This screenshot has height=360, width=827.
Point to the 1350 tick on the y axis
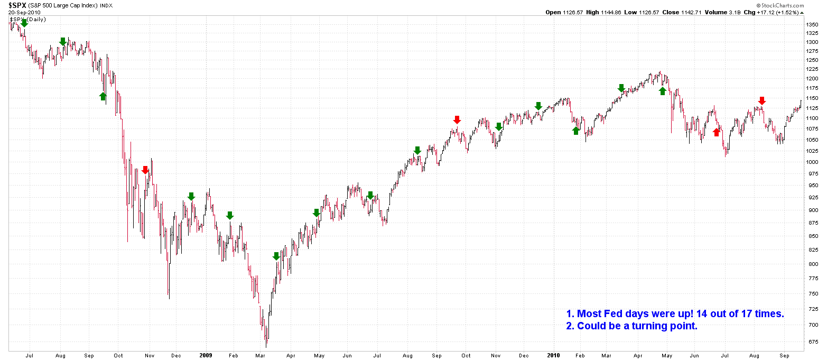pyautogui.click(x=812, y=24)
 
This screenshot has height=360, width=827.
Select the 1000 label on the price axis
pyautogui.click(x=812, y=162)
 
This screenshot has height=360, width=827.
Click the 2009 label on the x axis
pyautogui.click(x=206, y=355)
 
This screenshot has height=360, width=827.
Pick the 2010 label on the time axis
pyautogui.click(x=553, y=355)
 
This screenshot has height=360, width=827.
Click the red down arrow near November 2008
pyautogui.click(x=145, y=170)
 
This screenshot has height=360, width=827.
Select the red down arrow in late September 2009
pyautogui.click(x=457, y=120)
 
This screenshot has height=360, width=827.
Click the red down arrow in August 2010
pyautogui.click(x=761, y=101)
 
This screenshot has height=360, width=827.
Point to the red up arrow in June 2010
pyautogui.click(x=717, y=132)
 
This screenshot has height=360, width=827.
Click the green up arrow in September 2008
pyautogui.click(x=103, y=96)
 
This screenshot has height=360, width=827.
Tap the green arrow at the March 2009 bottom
pyautogui.click(x=276, y=256)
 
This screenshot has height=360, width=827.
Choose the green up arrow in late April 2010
pyautogui.click(x=663, y=91)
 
